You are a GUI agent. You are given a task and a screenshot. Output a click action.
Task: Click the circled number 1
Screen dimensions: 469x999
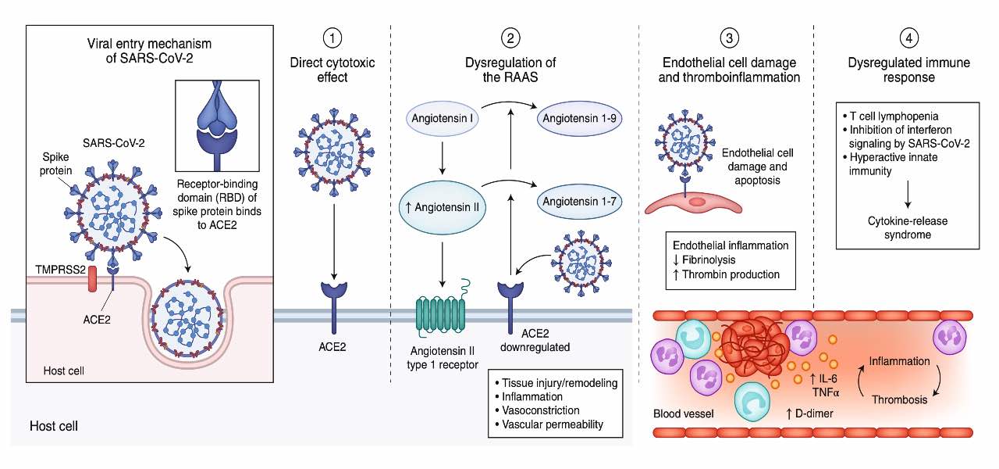334,38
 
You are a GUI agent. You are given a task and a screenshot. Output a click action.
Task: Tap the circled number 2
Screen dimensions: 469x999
510,38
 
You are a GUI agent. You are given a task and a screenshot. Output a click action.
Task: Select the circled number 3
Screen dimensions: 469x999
727,38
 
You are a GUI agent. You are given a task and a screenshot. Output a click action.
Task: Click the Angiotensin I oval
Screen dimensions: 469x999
443,120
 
